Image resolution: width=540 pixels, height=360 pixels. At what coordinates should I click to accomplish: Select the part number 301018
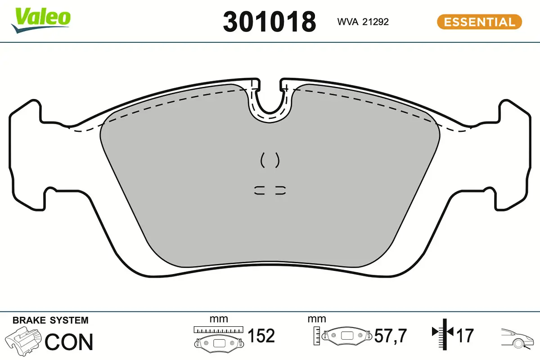pyautogui.click(x=269, y=22)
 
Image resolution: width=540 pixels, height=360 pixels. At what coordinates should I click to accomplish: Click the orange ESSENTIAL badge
pyautogui.click(x=479, y=22)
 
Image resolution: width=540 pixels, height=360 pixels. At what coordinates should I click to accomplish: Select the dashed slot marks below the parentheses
pyautogui.click(x=270, y=190)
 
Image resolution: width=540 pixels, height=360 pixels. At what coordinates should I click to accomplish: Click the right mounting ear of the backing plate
pyautogui.click(x=513, y=153)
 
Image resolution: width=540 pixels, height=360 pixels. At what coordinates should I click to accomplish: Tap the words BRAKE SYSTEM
pyautogui.click(x=50, y=320)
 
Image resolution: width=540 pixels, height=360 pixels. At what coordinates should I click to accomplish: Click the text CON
pyautogui.click(x=69, y=342)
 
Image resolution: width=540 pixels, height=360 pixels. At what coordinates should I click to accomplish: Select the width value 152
pyautogui.click(x=261, y=336)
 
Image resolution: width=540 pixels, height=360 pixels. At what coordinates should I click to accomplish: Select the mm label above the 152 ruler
pyautogui.click(x=219, y=319)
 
